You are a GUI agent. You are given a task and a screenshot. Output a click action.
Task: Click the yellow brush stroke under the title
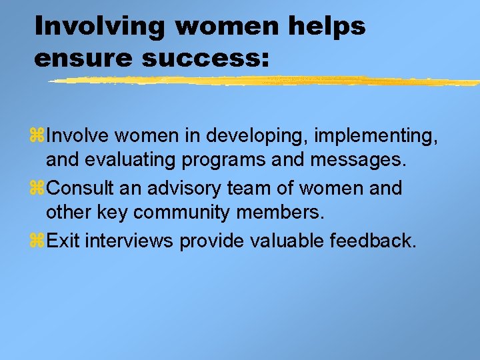[x=267, y=81]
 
